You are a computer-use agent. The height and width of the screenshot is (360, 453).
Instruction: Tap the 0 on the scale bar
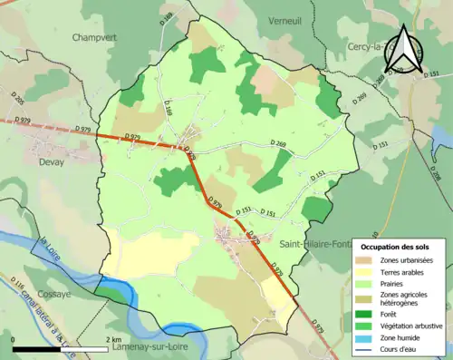pyautogui.click(x=14, y=339)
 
